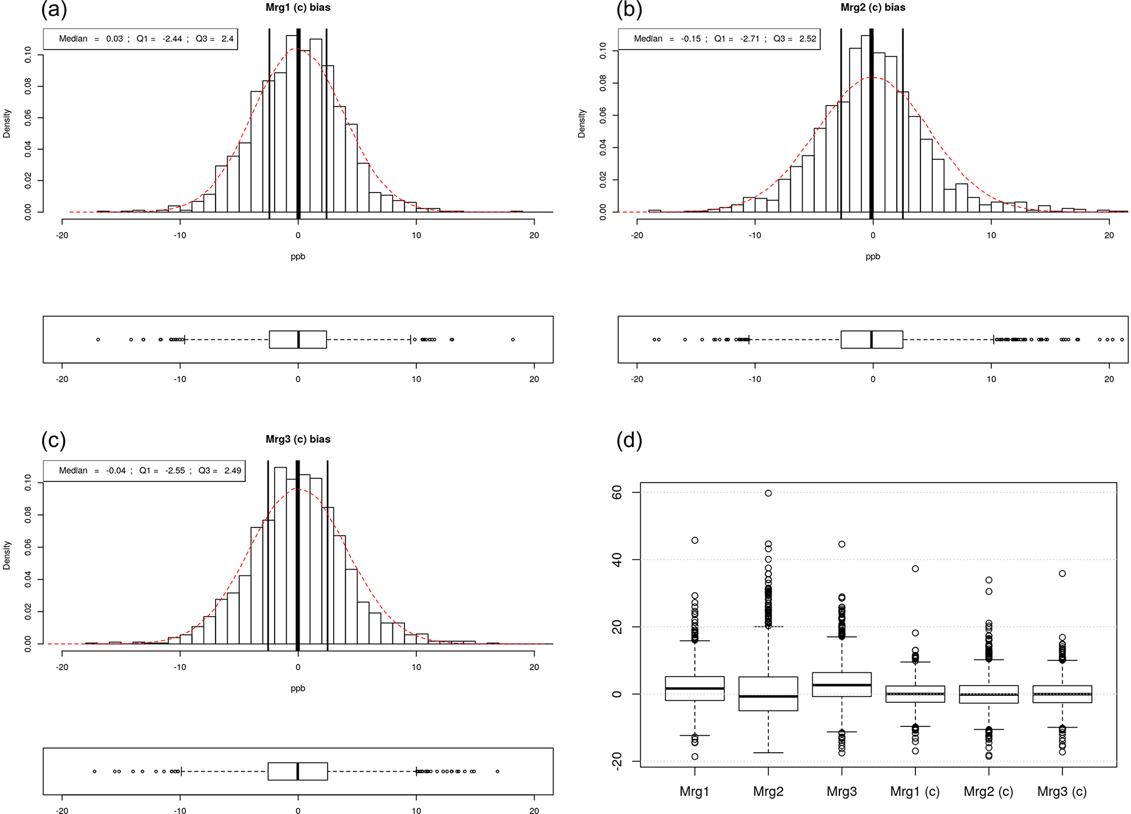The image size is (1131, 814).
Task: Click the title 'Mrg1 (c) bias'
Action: pos(298,8)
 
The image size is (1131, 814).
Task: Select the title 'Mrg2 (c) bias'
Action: pos(873,8)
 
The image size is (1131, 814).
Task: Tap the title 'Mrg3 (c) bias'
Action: pos(298,439)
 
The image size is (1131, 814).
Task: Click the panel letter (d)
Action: pos(629,440)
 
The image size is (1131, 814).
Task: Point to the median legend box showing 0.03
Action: pos(141,39)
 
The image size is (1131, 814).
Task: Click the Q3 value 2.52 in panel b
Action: pos(808,39)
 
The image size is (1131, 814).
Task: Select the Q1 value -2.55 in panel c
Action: pos(175,470)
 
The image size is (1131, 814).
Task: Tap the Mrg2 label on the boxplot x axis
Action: pos(768,791)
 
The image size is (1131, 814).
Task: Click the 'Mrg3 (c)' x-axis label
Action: pos(1062,791)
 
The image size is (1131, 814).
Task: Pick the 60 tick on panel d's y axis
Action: pos(617,493)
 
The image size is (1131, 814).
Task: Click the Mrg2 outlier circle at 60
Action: pos(768,493)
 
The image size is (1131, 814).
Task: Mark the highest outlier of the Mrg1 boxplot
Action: pos(695,540)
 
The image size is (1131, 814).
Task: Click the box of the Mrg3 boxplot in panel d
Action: pos(842,684)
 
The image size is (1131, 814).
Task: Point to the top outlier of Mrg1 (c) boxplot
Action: pos(915,569)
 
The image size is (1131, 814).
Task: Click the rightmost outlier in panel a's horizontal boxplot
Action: pos(513,340)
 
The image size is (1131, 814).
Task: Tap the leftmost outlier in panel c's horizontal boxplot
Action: pos(95,771)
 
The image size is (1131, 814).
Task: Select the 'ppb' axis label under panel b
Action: pos(873,257)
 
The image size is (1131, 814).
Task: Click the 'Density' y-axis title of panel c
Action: pos(7,555)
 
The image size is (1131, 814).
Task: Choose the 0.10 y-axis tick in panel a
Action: pos(28,55)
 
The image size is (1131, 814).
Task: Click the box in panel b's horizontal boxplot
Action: pos(872,340)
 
